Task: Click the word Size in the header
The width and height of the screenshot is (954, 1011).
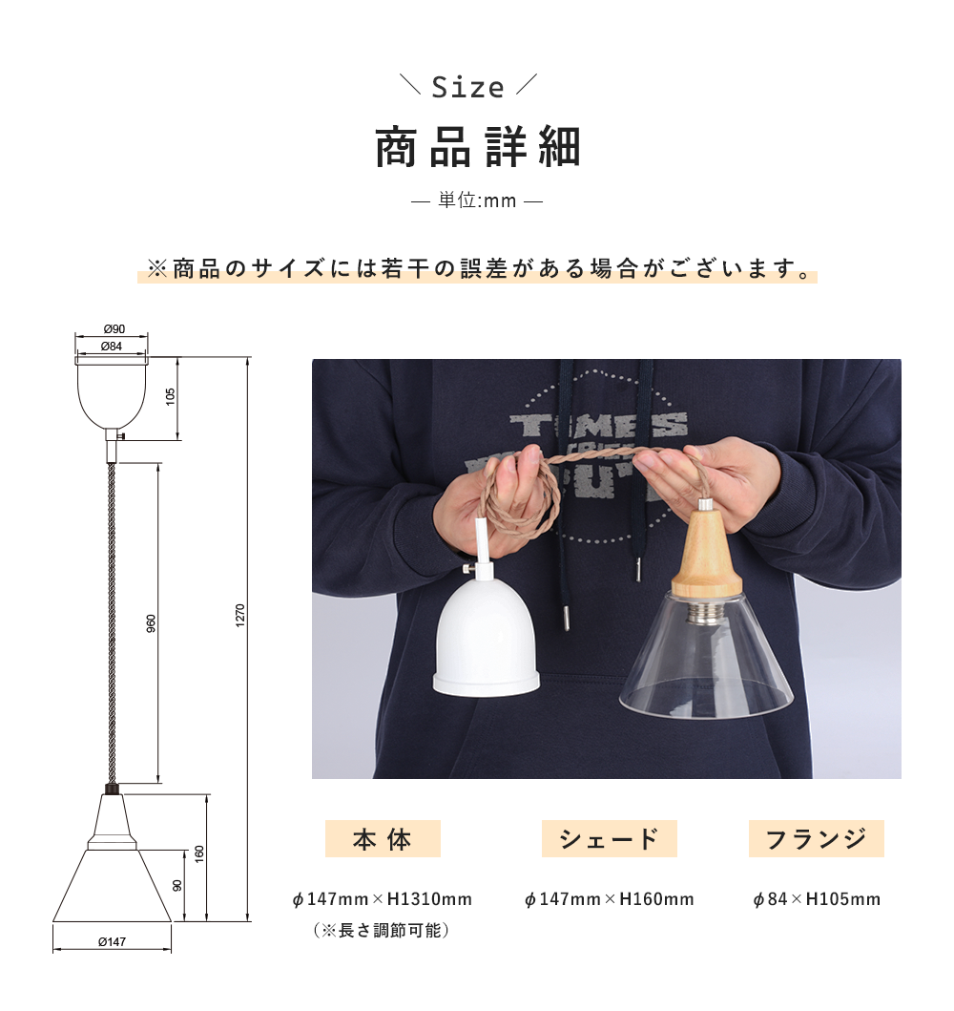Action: coord(467,88)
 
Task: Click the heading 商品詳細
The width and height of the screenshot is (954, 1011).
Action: coord(477,148)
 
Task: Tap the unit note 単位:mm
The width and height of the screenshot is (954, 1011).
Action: coord(476,201)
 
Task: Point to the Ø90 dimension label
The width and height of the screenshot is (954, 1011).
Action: coord(114,329)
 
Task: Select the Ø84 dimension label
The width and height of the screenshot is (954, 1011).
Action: coord(112,346)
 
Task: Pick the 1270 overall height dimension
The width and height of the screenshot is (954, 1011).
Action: coord(241,615)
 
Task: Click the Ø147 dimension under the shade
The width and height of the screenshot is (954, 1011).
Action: coord(112,942)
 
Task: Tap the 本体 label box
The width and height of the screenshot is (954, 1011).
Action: coord(383,839)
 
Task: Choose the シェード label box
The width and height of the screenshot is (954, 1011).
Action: coord(609,839)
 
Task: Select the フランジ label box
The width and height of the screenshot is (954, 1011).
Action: coord(816,839)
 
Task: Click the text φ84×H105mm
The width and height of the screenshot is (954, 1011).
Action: coord(816,899)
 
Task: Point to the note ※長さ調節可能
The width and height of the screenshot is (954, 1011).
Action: coord(381,929)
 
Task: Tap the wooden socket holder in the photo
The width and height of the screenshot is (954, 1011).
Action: coord(706,558)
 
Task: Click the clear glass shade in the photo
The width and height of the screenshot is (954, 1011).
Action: coord(707,668)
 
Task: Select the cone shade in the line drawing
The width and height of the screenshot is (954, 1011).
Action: coord(112,888)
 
